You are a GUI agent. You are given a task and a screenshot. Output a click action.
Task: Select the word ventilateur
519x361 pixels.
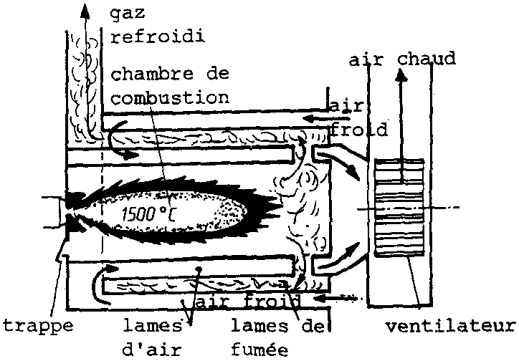450,328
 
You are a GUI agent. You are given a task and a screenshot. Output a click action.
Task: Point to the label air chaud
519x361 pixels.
402,59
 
